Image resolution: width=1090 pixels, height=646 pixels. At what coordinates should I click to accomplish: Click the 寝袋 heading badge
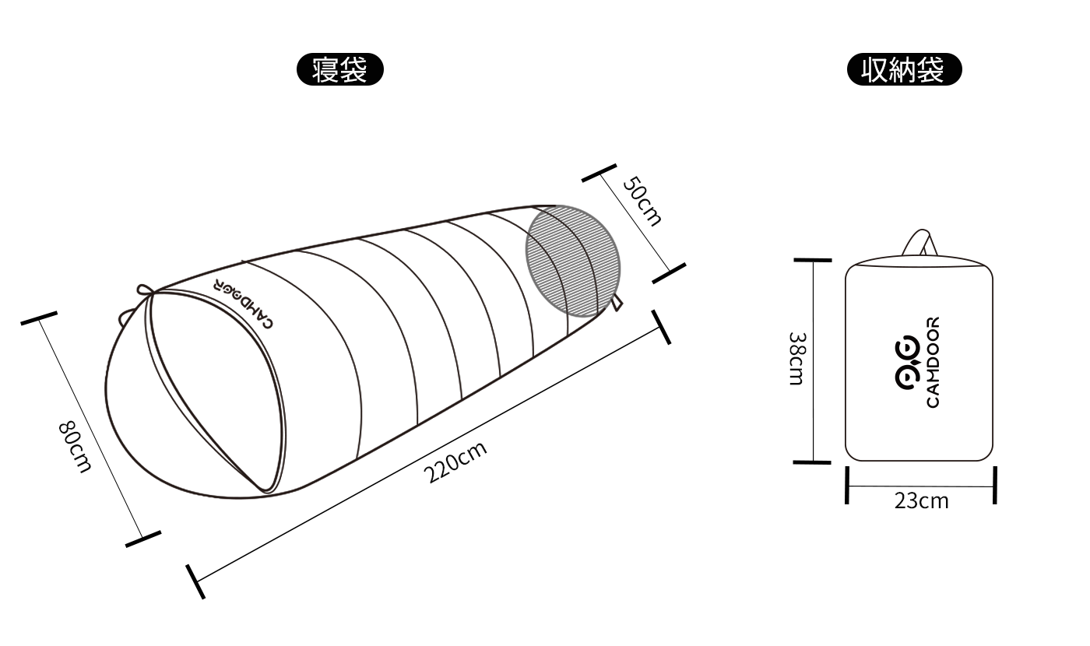coord(340,69)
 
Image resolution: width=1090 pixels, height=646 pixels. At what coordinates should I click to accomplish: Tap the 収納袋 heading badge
coord(904,69)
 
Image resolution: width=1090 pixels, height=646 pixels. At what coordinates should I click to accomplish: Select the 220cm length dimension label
coord(455,462)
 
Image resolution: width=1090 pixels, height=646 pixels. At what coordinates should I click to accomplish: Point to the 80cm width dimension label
coord(75,447)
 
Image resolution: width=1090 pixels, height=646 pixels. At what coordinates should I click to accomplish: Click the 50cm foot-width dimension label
coord(642,201)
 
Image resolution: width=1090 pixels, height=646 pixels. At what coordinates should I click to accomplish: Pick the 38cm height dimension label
coord(797,359)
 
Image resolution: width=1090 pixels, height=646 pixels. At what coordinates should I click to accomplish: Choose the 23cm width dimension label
coord(921,501)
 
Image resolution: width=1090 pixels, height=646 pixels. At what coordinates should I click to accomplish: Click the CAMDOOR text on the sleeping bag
coord(243,304)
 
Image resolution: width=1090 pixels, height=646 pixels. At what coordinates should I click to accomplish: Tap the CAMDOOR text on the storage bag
coord(933,363)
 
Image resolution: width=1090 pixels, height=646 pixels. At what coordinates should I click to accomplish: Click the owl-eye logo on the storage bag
coord(908,363)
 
